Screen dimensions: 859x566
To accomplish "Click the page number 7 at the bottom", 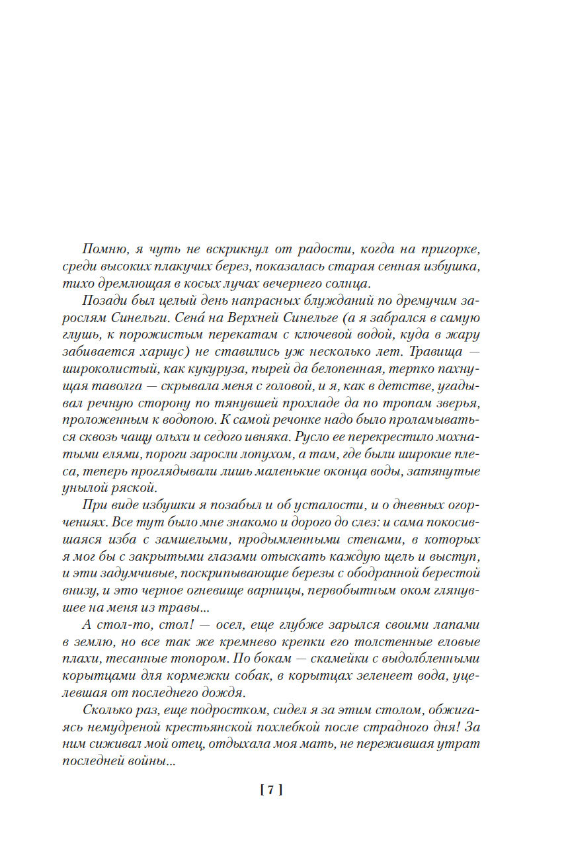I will (271, 790).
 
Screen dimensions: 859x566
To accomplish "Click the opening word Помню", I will (102, 249).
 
